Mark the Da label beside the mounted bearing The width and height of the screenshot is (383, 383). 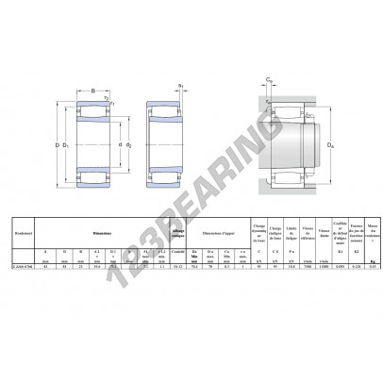pos(328,145)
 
